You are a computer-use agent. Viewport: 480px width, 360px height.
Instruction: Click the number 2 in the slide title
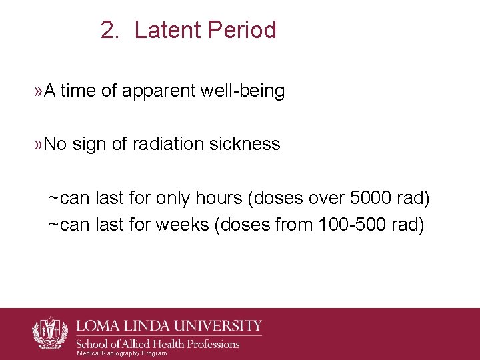tap(108, 31)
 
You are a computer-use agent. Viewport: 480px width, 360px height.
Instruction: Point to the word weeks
tap(182, 225)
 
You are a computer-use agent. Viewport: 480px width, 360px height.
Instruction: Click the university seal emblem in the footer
tap(51, 333)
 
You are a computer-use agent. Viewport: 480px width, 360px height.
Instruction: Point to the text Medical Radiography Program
tap(122, 353)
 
